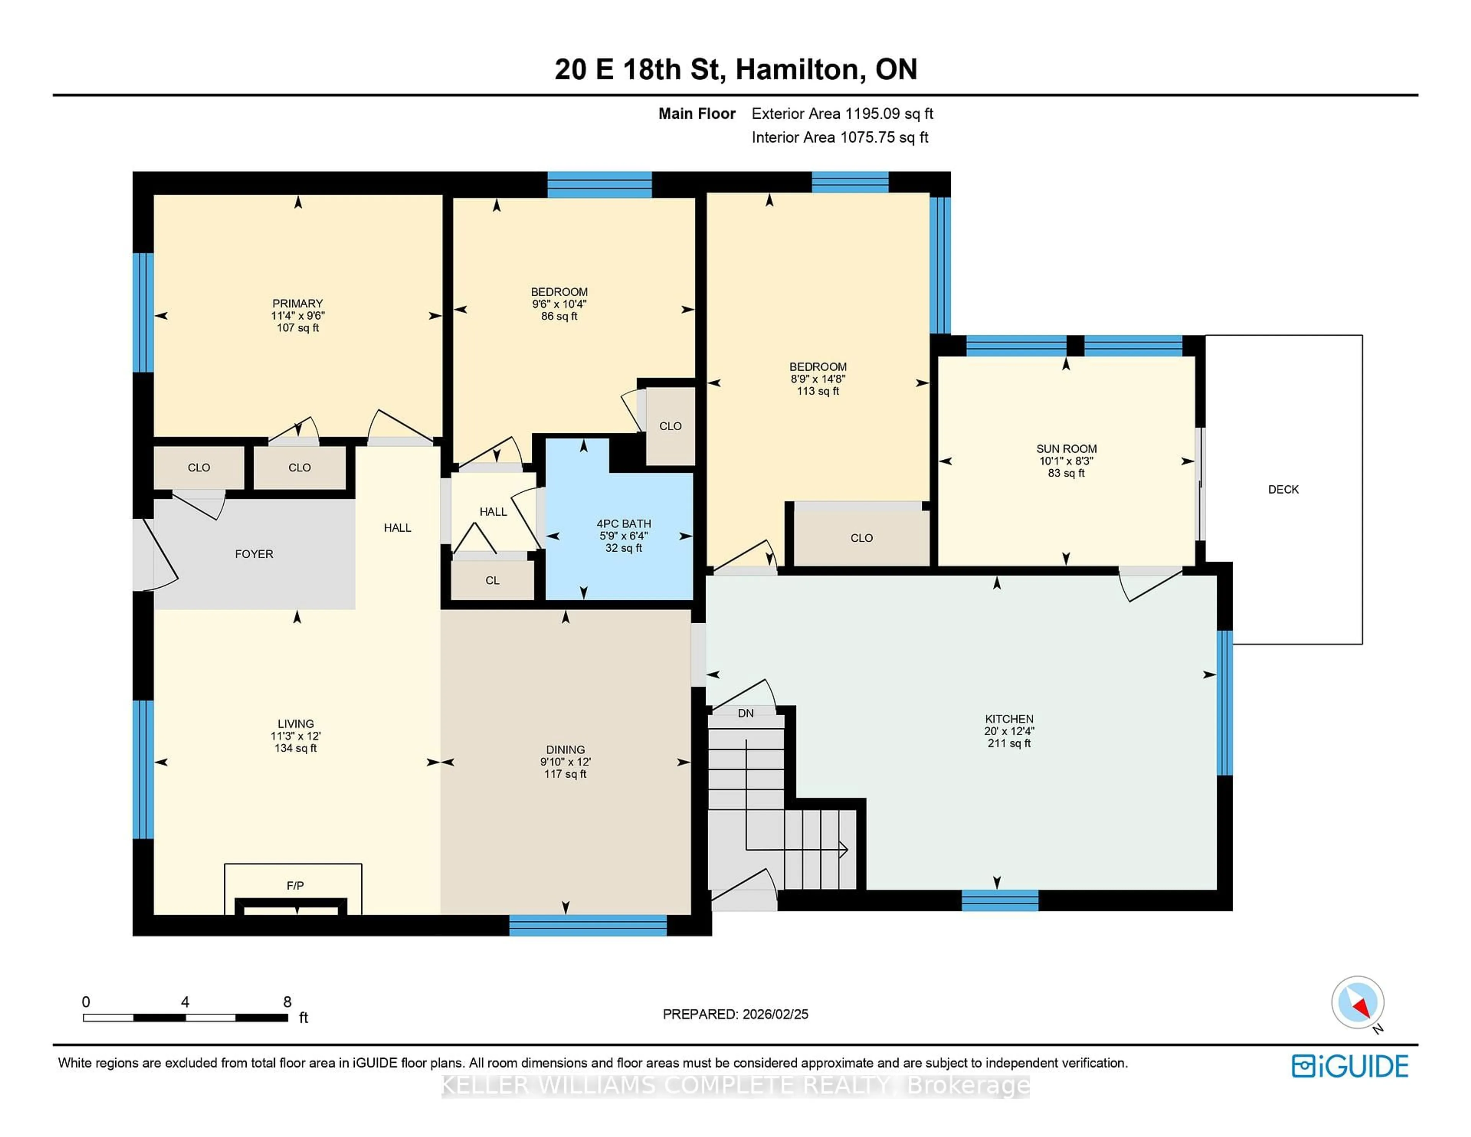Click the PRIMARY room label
297,303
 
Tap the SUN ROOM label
1066,449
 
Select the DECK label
1283,490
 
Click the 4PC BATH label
624,523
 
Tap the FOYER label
254,554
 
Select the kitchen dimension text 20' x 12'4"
1009,731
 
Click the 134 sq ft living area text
296,748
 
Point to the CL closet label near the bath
492,580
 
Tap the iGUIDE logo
1350,1066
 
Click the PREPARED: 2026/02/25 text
735,1014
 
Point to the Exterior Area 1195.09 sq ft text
842,114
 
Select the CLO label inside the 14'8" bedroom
862,537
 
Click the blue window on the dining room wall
587,926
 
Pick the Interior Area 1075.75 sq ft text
840,138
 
